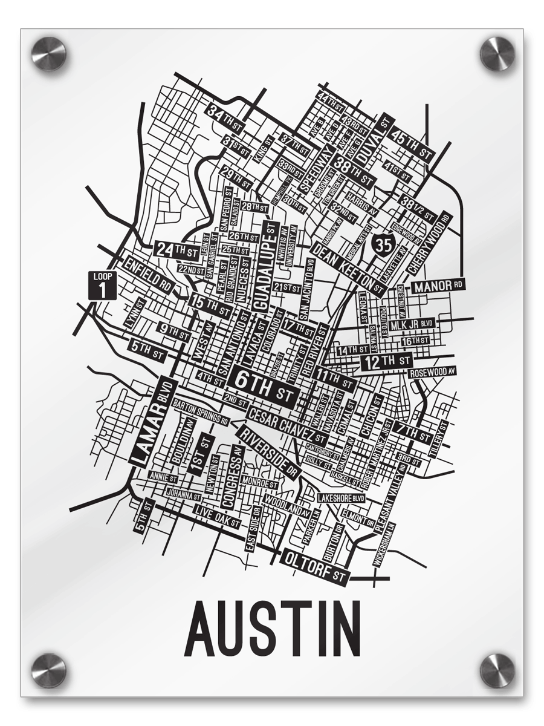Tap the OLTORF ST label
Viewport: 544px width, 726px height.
[316, 566]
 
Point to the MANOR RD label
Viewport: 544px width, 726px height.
[438, 284]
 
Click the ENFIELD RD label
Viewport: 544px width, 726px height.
[148, 275]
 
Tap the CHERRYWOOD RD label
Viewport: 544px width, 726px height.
[430, 242]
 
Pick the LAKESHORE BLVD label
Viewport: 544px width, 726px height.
[342, 497]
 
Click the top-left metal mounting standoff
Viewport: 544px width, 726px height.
[48, 53]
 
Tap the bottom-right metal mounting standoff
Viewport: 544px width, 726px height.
[497, 670]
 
